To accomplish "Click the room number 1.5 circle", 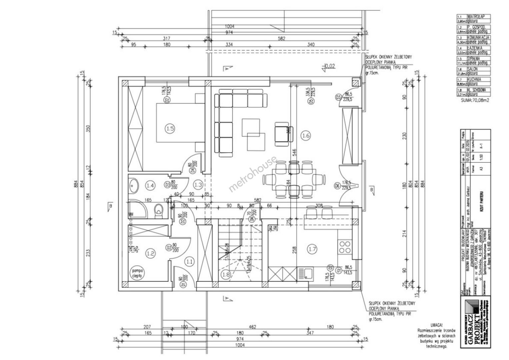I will click(x=170, y=128).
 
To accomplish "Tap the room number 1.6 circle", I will click(x=306, y=135).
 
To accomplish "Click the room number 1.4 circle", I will click(x=150, y=184).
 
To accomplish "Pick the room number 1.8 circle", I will click(x=225, y=274).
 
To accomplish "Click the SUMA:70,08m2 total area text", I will click(x=475, y=100).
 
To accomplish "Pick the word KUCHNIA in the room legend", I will click(x=475, y=79).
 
